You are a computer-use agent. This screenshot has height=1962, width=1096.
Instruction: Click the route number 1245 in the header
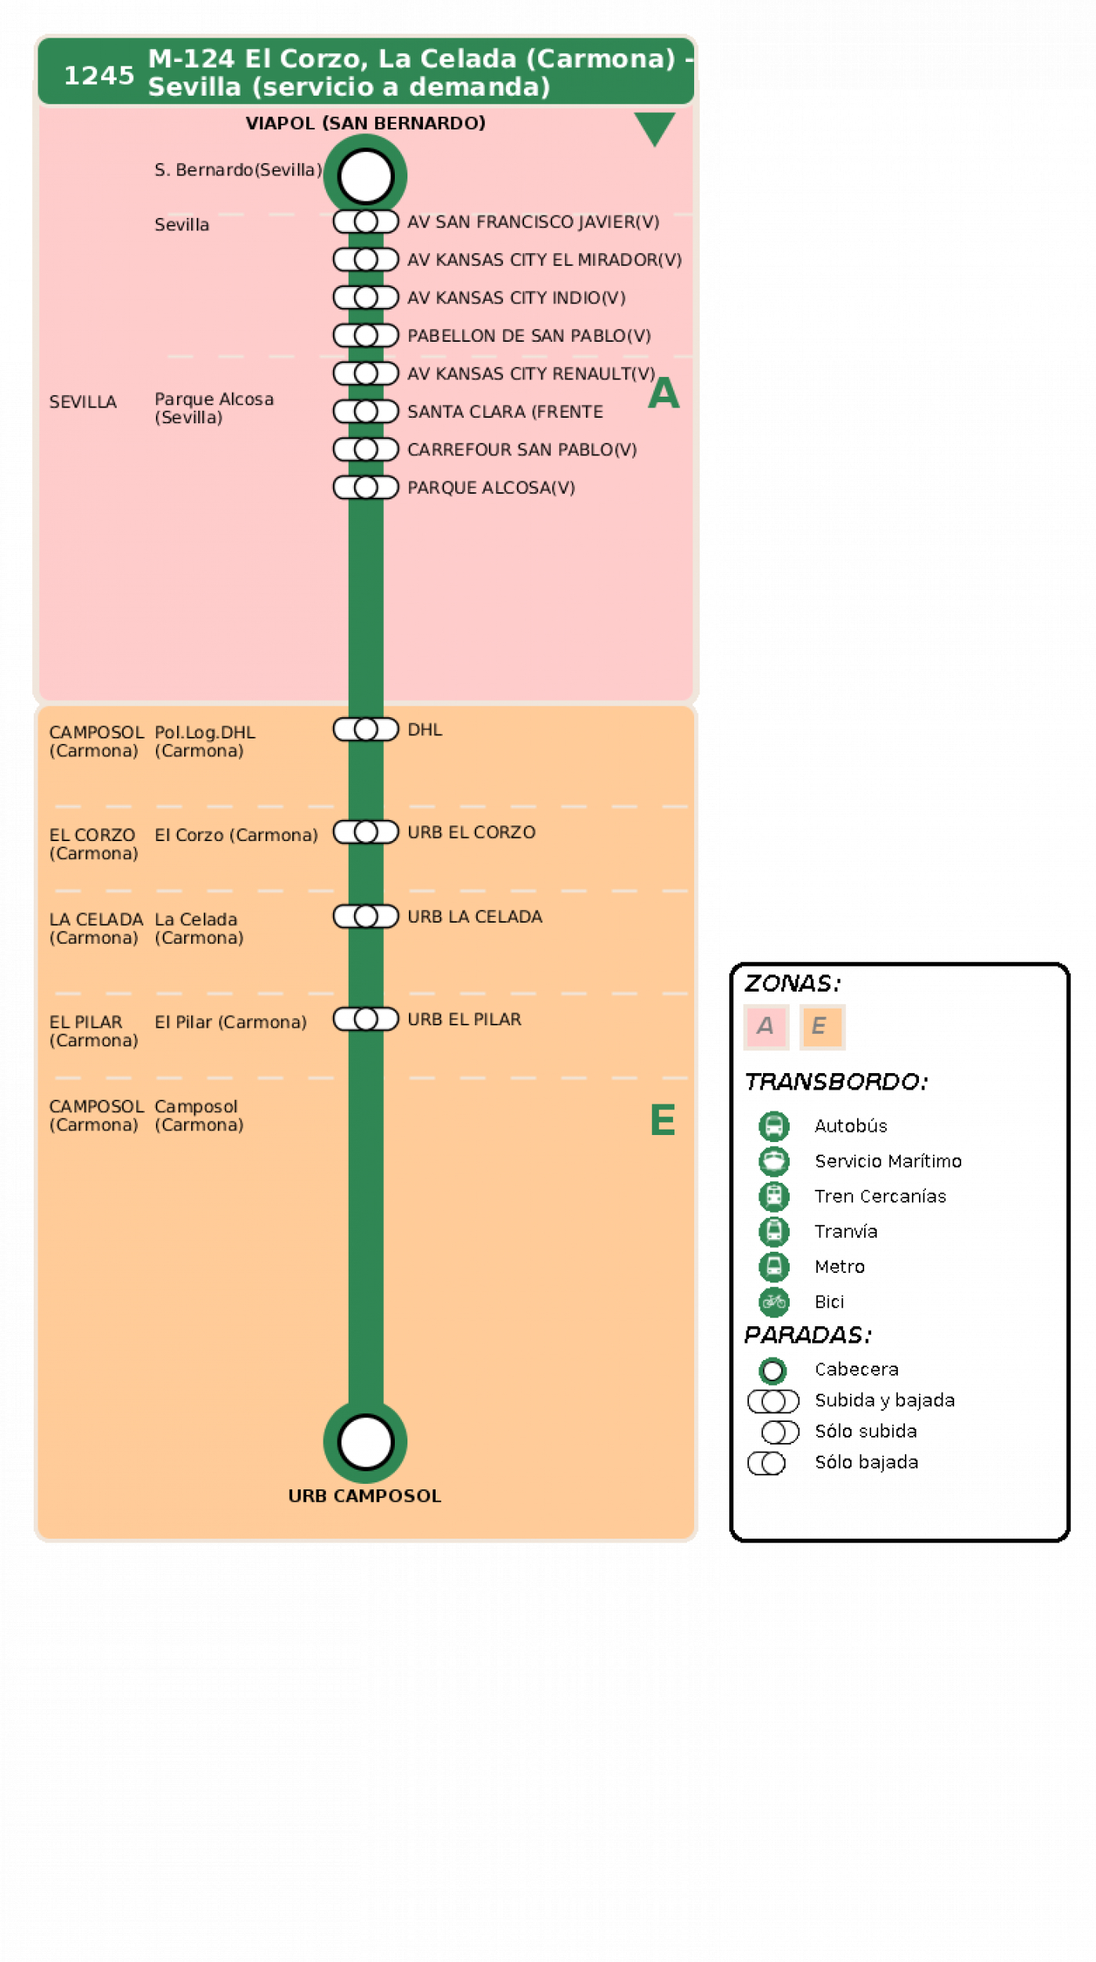click(99, 75)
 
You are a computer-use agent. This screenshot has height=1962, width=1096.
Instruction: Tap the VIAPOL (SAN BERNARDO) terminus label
click(365, 123)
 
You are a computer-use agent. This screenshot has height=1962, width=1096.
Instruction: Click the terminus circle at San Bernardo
click(365, 176)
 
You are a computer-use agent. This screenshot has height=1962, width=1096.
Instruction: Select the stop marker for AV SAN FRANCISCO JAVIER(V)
click(366, 222)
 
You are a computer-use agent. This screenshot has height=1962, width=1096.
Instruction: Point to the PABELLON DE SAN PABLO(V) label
click(529, 335)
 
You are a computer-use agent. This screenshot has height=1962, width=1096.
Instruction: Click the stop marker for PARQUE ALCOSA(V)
click(366, 488)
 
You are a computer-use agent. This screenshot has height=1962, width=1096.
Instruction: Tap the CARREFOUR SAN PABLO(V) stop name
click(522, 449)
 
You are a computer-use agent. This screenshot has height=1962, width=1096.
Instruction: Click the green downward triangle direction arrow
click(655, 129)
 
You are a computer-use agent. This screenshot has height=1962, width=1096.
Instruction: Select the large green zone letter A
click(664, 393)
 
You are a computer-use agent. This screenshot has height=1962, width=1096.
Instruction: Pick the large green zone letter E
click(663, 1119)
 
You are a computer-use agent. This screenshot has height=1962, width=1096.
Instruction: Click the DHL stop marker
click(366, 729)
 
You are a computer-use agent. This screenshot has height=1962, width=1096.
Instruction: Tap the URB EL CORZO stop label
click(472, 832)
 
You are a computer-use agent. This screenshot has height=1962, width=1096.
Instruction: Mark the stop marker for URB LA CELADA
click(366, 916)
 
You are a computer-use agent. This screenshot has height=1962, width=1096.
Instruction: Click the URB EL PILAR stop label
click(465, 1019)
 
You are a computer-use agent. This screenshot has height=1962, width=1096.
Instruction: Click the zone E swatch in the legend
click(822, 1026)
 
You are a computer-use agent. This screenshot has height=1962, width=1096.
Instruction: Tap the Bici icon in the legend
click(773, 1302)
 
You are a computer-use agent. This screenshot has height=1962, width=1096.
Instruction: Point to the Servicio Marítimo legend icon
click(773, 1161)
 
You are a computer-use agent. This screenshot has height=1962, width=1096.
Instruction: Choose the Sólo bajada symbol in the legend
click(766, 1463)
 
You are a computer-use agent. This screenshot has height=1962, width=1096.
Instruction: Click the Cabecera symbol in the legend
click(772, 1370)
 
